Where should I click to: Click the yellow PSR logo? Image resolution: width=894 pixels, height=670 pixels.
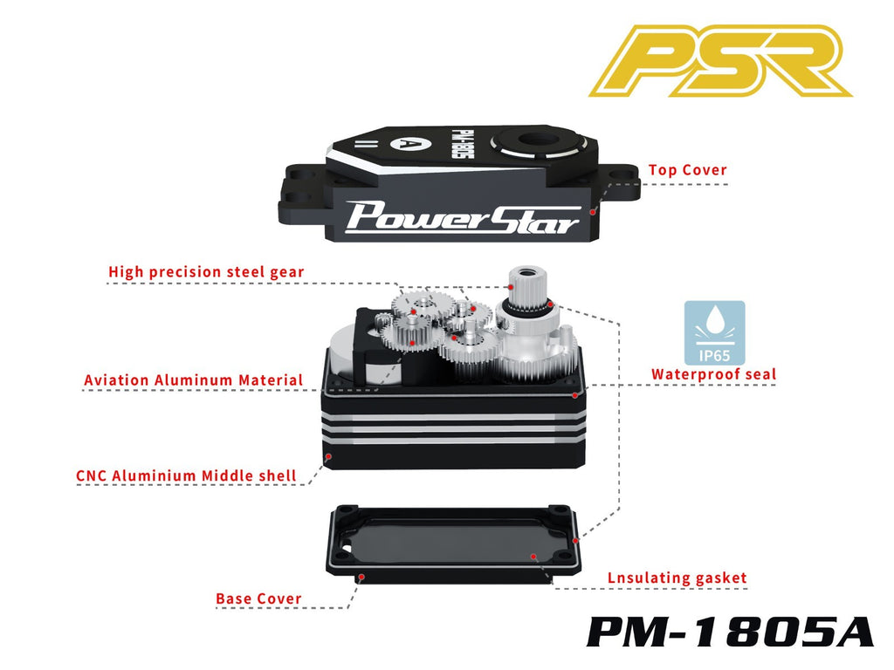coord(720,60)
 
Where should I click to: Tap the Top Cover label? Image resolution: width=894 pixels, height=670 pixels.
coord(688,170)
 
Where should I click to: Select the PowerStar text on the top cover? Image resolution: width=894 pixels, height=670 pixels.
coord(463,217)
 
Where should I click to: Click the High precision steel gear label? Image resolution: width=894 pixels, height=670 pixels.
coord(206,272)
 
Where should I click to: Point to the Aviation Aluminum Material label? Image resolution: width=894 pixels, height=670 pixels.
coord(193,380)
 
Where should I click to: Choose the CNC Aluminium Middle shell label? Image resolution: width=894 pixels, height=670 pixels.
coord(187,475)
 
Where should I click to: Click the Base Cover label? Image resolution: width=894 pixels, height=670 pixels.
coord(258,598)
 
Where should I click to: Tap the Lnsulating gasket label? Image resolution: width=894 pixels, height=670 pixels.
coord(677,578)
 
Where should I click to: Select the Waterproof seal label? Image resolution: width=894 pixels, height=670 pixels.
coord(714,374)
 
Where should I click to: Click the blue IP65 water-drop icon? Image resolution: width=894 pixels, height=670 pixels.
coord(714,332)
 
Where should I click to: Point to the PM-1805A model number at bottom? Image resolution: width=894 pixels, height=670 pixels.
coord(731,632)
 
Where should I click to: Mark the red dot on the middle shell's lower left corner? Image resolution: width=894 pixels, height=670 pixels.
coord(328,456)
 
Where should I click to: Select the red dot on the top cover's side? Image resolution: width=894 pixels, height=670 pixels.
coord(593,212)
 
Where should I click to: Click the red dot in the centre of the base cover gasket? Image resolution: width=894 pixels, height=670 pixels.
coord(533,556)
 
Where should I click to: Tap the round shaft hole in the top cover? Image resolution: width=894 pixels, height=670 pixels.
coord(537,140)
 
